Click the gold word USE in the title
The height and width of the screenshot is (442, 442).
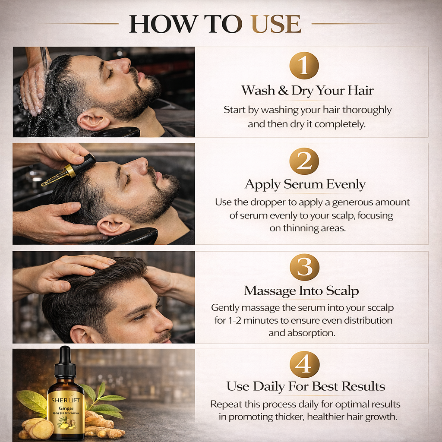[276, 24]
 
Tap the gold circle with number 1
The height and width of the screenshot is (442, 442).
[304, 66]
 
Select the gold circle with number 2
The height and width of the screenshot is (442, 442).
[304, 161]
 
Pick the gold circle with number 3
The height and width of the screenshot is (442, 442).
[304, 268]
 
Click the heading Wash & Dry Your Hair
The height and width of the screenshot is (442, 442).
[307, 91]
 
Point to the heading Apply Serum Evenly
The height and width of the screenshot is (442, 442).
[305, 185]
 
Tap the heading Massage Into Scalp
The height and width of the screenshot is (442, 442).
[301, 291]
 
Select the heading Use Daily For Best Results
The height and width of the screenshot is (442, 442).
[306, 386]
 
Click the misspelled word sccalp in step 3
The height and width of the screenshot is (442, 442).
[379, 308]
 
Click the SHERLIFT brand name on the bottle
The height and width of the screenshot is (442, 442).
[66, 400]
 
